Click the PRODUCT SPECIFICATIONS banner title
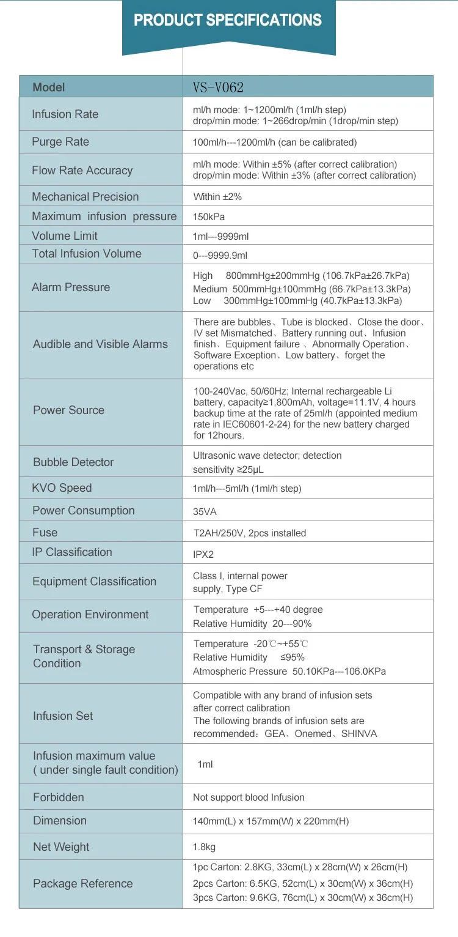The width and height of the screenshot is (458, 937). [228, 21]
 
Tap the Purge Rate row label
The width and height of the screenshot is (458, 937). [60, 142]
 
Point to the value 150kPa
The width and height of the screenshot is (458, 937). [209, 217]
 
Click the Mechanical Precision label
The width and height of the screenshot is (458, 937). [85, 197]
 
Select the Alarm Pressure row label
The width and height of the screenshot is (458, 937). [71, 287]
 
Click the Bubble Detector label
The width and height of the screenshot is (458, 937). [73, 462]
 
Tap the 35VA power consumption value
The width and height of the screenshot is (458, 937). [205, 511]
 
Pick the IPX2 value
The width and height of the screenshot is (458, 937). [203, 555]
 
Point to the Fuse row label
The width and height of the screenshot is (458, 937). [45, 533]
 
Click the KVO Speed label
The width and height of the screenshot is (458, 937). [62, 488]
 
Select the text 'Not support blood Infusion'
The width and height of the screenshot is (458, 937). [249, 798]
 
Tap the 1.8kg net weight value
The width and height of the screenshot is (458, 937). [204, 847]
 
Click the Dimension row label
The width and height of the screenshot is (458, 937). [60, 821]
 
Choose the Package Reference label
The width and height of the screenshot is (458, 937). [82, 884]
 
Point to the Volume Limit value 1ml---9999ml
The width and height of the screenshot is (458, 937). [220, 236]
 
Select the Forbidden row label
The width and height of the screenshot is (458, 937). [59, 798]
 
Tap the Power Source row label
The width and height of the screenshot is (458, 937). [68, 410]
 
